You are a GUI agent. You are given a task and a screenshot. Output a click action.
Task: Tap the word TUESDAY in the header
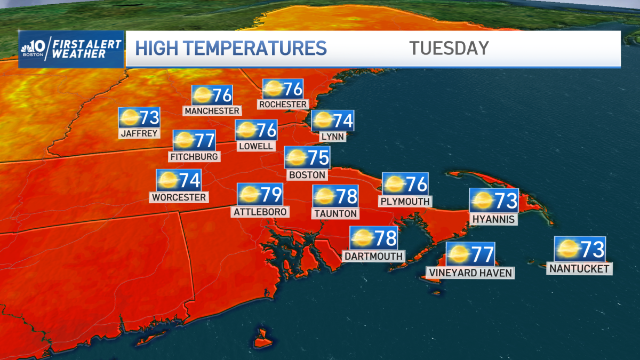(449, 48)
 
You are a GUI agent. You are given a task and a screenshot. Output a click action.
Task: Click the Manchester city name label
(212, 110)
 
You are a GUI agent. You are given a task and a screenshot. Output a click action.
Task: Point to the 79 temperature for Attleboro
(271, 195)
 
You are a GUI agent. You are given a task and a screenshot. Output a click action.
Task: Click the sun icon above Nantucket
(567, 249)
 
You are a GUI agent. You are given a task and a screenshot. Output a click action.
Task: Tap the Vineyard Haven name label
(470, 273)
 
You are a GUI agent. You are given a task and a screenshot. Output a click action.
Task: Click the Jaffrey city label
(140, 133)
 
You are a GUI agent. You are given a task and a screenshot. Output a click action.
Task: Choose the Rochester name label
(283, 104)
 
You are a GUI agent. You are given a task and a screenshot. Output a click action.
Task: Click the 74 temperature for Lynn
(342, 121)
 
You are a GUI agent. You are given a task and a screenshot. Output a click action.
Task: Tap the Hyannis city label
(493, 219)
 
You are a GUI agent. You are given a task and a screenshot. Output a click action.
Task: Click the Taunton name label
(335, 213)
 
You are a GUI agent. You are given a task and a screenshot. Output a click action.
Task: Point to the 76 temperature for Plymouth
(417, 184)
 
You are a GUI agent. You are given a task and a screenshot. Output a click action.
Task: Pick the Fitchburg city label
(194, 156)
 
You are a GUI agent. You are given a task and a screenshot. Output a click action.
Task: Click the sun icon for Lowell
(246, 130)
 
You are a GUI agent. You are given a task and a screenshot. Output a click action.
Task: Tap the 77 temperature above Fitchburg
(204, 141)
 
